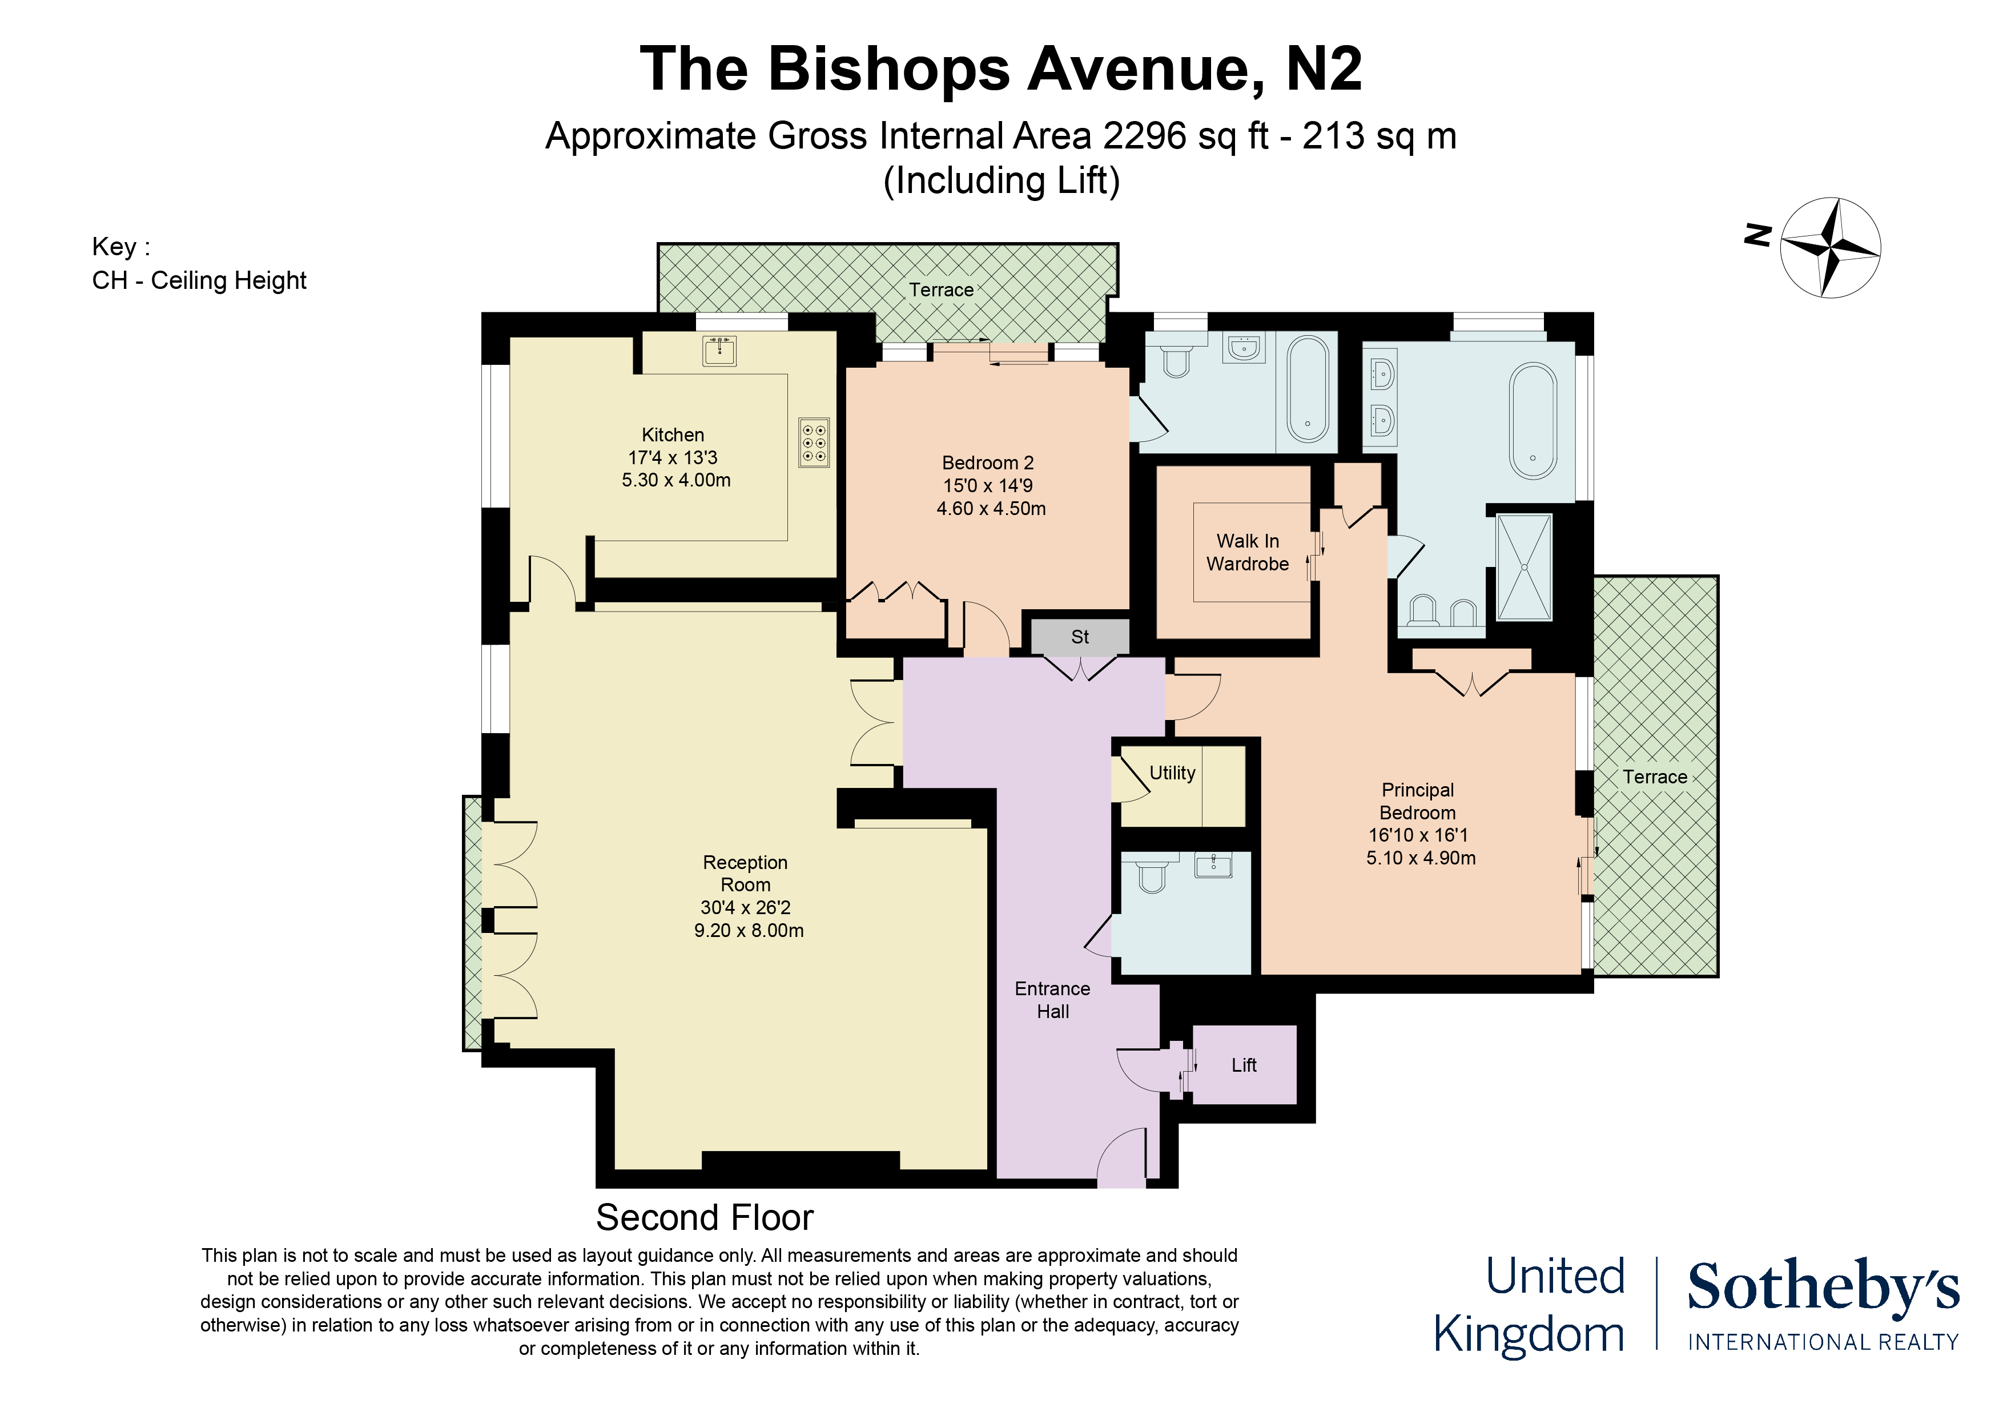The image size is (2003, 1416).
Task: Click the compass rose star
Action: [1829, 248]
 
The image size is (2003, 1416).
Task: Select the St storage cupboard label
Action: [1080, 637]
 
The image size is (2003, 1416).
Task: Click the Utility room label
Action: [1172, 773]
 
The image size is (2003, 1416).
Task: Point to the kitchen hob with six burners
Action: [814, 443]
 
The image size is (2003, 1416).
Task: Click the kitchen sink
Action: [719, 351]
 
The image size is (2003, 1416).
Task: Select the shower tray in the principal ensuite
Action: [1524, 567]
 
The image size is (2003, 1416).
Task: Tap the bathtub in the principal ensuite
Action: [1533, 421]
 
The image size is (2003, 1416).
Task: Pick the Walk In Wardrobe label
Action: [1248, 552]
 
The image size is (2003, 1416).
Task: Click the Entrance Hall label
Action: [1052, 1000]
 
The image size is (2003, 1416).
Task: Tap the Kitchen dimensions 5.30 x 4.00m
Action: [676, 480]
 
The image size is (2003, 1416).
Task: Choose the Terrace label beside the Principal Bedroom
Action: [1654, 777]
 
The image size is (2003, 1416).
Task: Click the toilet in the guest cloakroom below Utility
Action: [1152, 875]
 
